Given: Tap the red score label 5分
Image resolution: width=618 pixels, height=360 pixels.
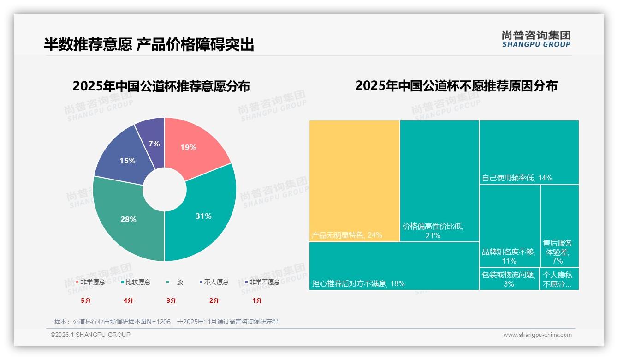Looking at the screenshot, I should [x=86, y=300].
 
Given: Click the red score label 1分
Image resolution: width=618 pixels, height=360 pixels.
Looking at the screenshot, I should [x=257, y=300].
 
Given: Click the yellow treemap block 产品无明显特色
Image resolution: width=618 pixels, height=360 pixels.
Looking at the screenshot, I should [x=354, y=180].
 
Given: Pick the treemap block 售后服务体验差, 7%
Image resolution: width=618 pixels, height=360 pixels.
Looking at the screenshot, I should [x=559, y=226].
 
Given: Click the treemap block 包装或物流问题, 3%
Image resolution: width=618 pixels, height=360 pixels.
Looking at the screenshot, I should [x=509, y=279].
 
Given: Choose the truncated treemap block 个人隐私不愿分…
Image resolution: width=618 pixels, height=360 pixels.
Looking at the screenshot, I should [x=559, y=279].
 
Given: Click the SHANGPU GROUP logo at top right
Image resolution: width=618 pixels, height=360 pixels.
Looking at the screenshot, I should [x=536, y=39].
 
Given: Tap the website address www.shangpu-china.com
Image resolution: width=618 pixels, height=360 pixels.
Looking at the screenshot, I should [x=537, y=335].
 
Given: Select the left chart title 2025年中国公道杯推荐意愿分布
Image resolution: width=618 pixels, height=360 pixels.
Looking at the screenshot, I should [x=161, y=86].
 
